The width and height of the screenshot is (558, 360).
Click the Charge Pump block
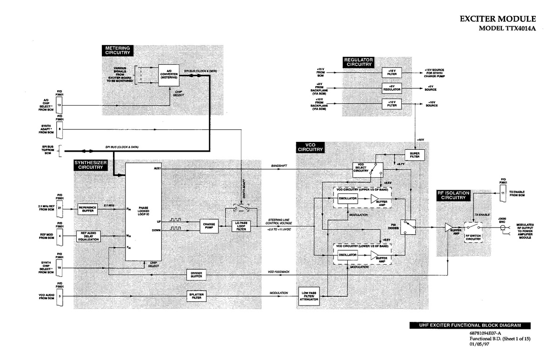point(209,226)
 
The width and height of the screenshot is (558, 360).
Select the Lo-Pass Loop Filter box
point(241,226)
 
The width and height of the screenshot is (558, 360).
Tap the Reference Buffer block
point(87,209)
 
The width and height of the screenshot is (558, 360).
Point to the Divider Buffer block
point(196,275)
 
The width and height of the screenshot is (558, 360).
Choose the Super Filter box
point(415,155)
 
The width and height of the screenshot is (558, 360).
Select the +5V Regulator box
point(392,88)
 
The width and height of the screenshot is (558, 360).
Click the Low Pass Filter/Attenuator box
point(309,296)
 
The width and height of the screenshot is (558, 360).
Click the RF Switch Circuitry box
point(473,230)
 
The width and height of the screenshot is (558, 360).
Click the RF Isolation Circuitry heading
point(453,196)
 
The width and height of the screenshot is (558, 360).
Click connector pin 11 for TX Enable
point(503,193)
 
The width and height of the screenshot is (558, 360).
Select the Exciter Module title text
point(498,20)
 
